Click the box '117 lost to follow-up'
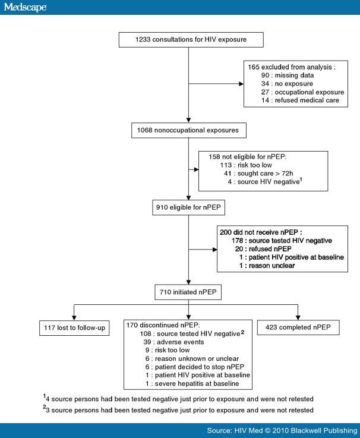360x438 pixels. tap(72, 327)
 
